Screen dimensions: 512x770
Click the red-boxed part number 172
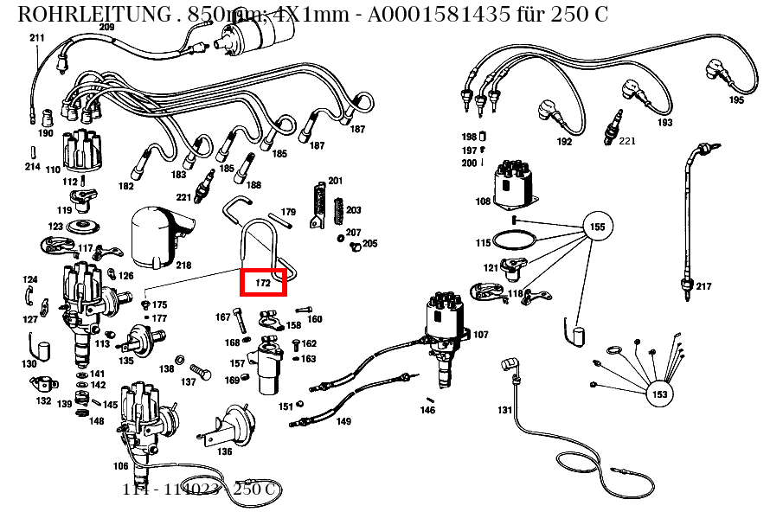coord(263,282)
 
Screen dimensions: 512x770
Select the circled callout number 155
coord(597,227)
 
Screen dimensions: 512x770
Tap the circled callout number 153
coord(659,394)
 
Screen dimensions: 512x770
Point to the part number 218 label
coord(183,265)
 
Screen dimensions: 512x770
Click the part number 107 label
coord(480,335)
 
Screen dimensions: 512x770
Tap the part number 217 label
coord(703,286)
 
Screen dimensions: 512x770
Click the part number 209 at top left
coord(106,28)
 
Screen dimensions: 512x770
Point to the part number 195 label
coord(736,100)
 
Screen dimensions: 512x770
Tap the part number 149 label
coord(343,422)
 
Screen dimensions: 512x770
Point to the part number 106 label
coord(121,466)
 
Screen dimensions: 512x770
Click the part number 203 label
coord(353,210)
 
